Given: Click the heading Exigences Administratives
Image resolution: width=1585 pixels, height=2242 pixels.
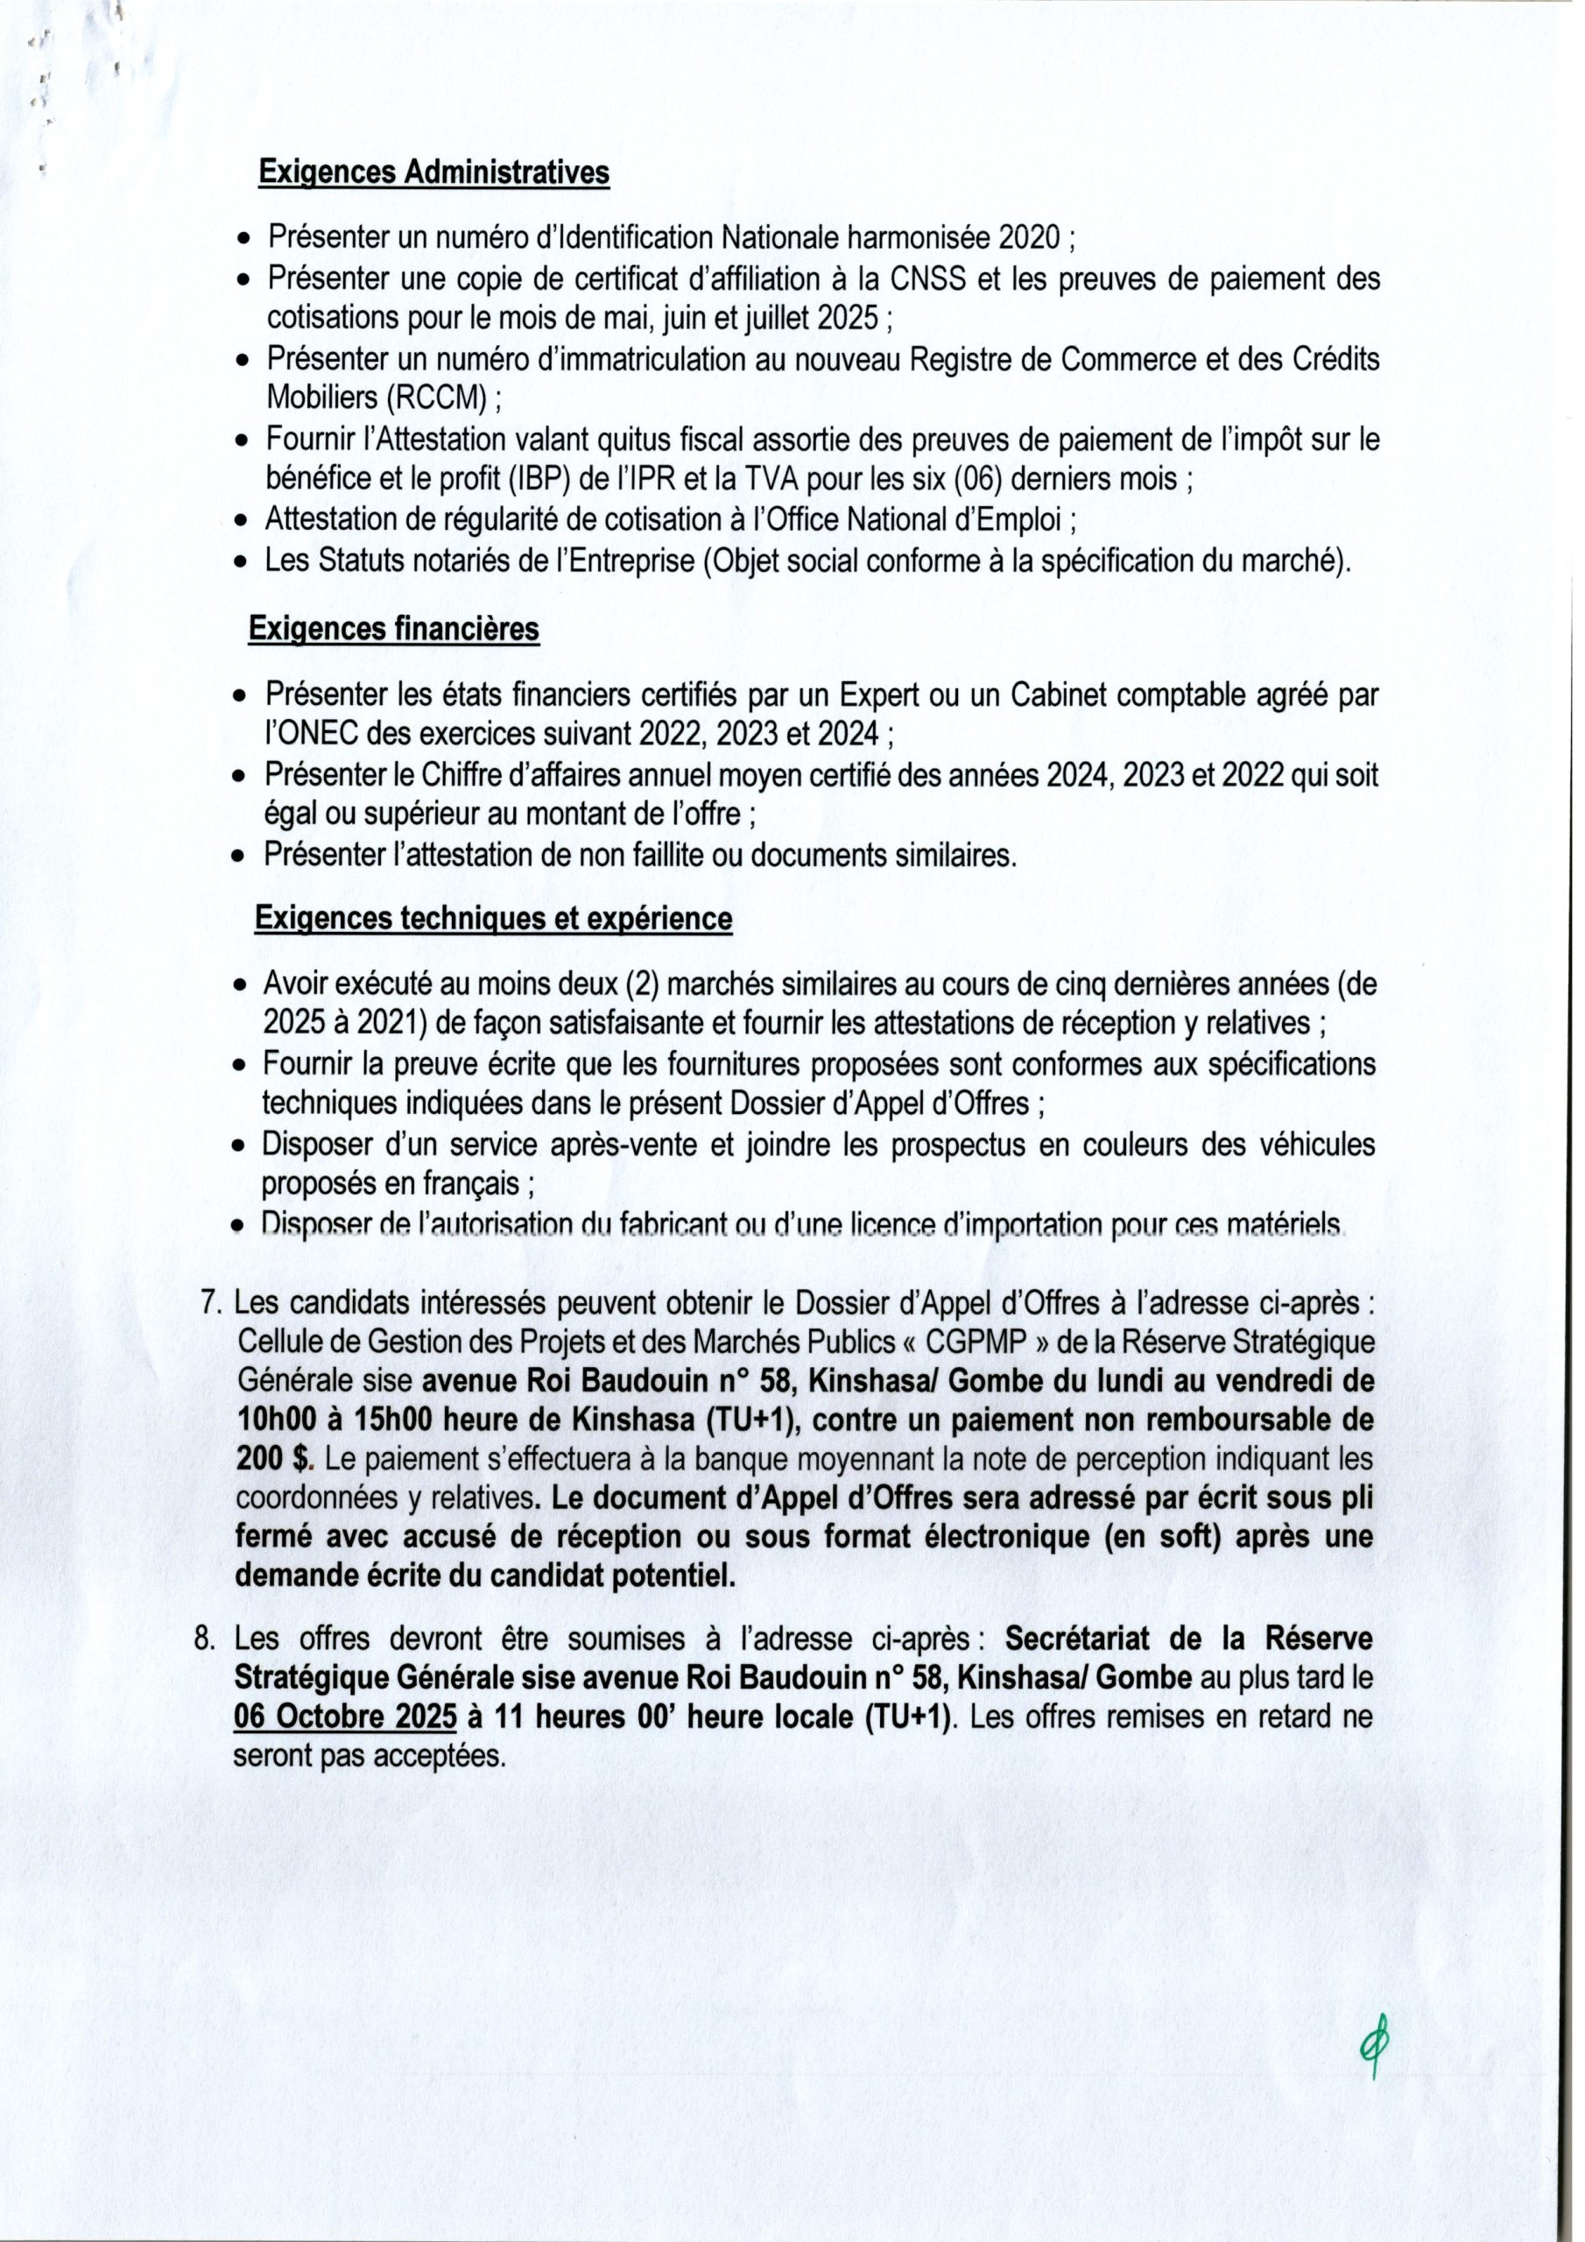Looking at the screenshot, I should [433, 173].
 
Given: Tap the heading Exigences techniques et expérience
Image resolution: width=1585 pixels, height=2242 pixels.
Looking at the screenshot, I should [493, 919].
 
